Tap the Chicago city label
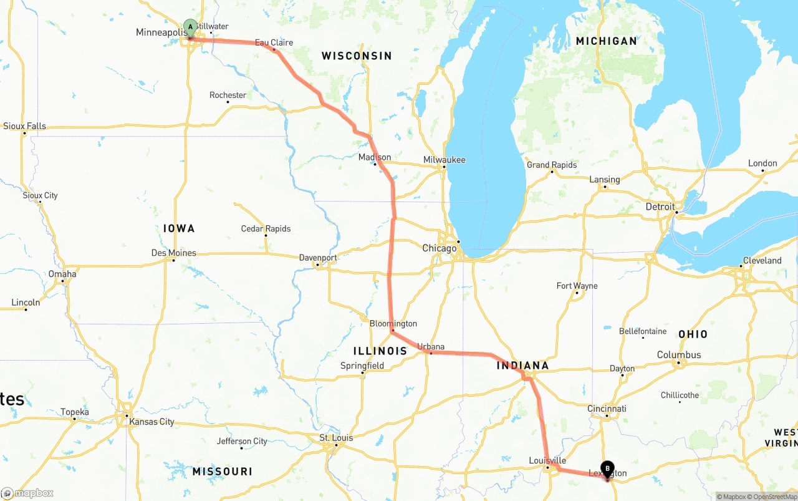pyautogui.click(x=440, y=248)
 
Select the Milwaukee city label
pyautogui.click(x=444, y=160)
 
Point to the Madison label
pyautogui.click(x=375, y=157)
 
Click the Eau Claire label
pyautogui.click(x=274, y=42)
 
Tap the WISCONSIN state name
pyautogui.click(x=357, y=56)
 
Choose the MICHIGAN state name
pyautogui.click(x=606, y=41)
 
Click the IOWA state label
pyautogui.click(x=179, y=228)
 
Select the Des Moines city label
pyautogui.click(x=173, y=253)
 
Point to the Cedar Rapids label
pyautogui.click(x=266, y=229)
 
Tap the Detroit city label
pyautogui.click(x=660, y=207)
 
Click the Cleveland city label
pyautogui.click(x=762, y=260)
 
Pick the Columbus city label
pyautogui.click(x=679, y=355)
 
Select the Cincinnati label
pyautogui.click(x=606, y=409)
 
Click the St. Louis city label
pyautogui.click(x=336, y=438)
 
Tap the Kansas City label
pyautogui.click(x=151, y=422)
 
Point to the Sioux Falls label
pyautogui.click(x=24, y=126)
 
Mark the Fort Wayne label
pyautogui.click(x=577, y=286)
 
